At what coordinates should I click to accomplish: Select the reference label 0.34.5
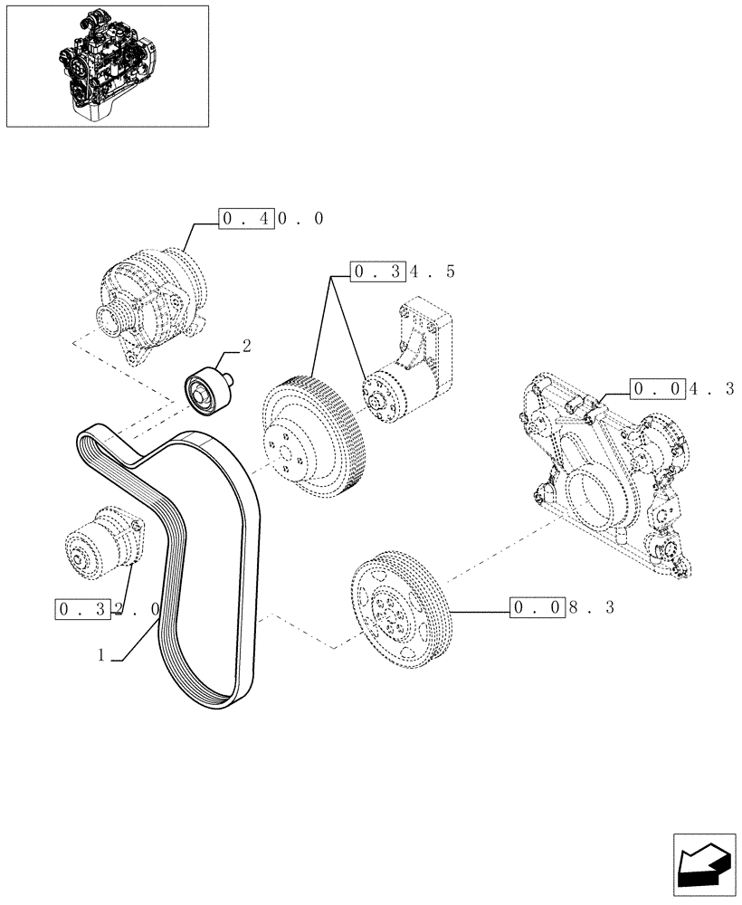click(x=404, y=271)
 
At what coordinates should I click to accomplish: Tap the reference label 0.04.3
click(x=682, y=390)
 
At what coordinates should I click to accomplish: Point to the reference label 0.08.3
click(x=562, y=607)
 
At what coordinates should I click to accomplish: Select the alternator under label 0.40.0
click(x=151, y=300)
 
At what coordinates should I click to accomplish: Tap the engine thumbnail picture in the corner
click(x=107, y=66)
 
